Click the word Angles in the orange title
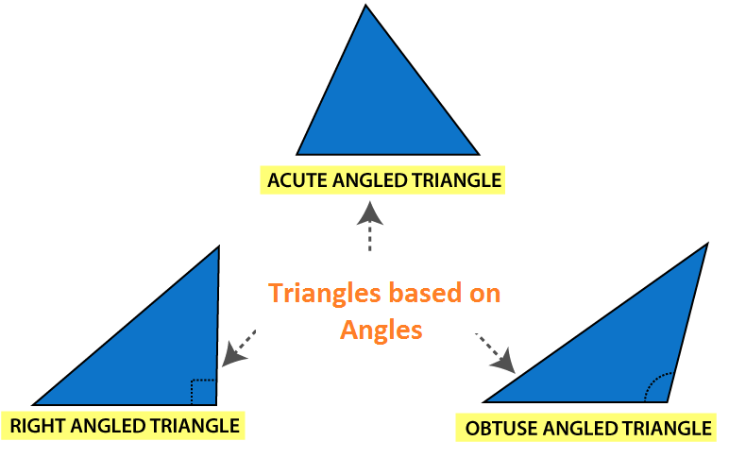[381, 331]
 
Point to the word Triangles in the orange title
[325, 294]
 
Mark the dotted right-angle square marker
[203, 392]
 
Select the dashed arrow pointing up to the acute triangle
[369, 227]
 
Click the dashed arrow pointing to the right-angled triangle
[239, 348]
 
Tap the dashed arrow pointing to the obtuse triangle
[496, 353]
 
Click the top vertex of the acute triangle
[365, 5]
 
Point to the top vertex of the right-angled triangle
[219, 246]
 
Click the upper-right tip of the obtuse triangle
[707, 244]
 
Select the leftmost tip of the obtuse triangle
[483, 401]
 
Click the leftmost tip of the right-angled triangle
[32, 404]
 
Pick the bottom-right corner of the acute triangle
[479, 154]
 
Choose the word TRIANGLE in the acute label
[456, 180]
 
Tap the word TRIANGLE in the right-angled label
[195, 426]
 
